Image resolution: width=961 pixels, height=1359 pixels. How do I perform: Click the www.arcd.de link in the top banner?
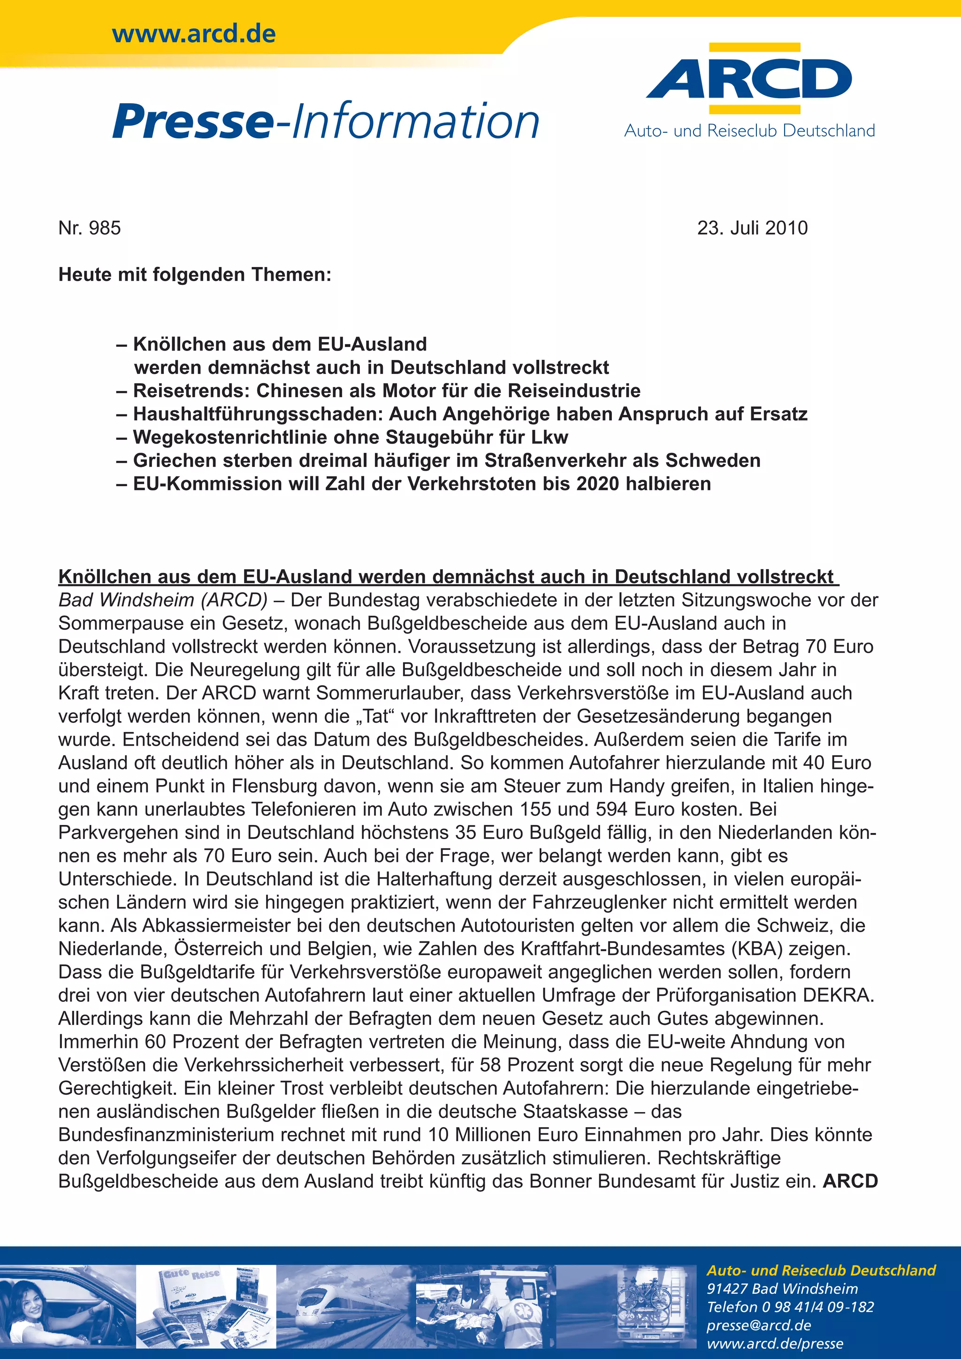(x=193, y=34)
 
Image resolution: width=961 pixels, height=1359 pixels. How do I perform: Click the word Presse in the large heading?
(x=192, y=122)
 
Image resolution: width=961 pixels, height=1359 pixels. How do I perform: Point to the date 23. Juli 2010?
(x=752, y=228)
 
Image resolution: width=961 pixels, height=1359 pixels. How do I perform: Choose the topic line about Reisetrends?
(x=386, y=390)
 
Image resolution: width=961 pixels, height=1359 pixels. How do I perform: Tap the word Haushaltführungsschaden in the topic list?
(x=256, y=414)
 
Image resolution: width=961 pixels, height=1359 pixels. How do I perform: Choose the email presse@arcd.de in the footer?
(x=759, y=1325)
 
